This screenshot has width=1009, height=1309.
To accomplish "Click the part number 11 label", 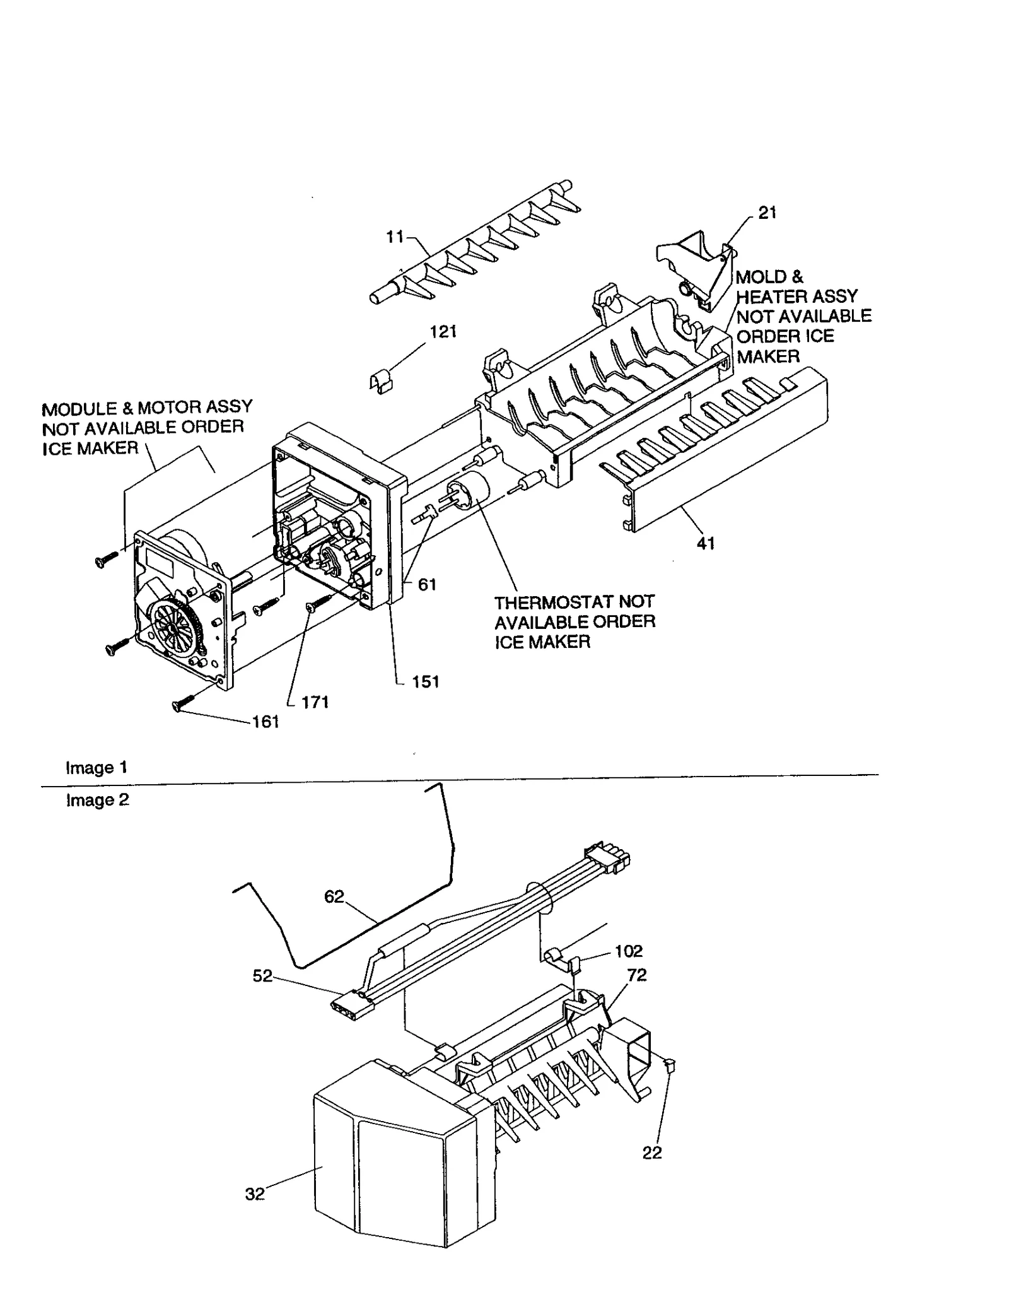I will pyautogui.click(x=395, y=237).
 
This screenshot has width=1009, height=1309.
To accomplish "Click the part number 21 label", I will pyautogui.click(x=767, y=213).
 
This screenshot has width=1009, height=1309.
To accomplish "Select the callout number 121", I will pyautogui.click(x=443, y=332).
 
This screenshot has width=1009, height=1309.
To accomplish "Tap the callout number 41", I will pyautogui.click(x=706, y=543).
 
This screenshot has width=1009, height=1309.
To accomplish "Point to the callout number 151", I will pyautogui.click(x=425, y=682).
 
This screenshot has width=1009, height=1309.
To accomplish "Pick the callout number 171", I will pyautogui.click(x=315, y=703).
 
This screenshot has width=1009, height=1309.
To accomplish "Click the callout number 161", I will pyautogui.click(x=265, y=722).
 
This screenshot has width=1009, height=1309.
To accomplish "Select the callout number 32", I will pyautogui.click(x=255, y=1194).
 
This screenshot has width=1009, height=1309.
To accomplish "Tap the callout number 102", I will pyautogui.click(x=628, y=951).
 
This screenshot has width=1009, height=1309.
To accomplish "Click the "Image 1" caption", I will pyautogui.click(x=96, y=768).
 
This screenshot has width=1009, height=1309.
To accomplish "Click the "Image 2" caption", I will pyautogui.click(x=97, y=800).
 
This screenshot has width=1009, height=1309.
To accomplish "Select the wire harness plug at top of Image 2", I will pyautogui.click(x=608, y=859).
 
